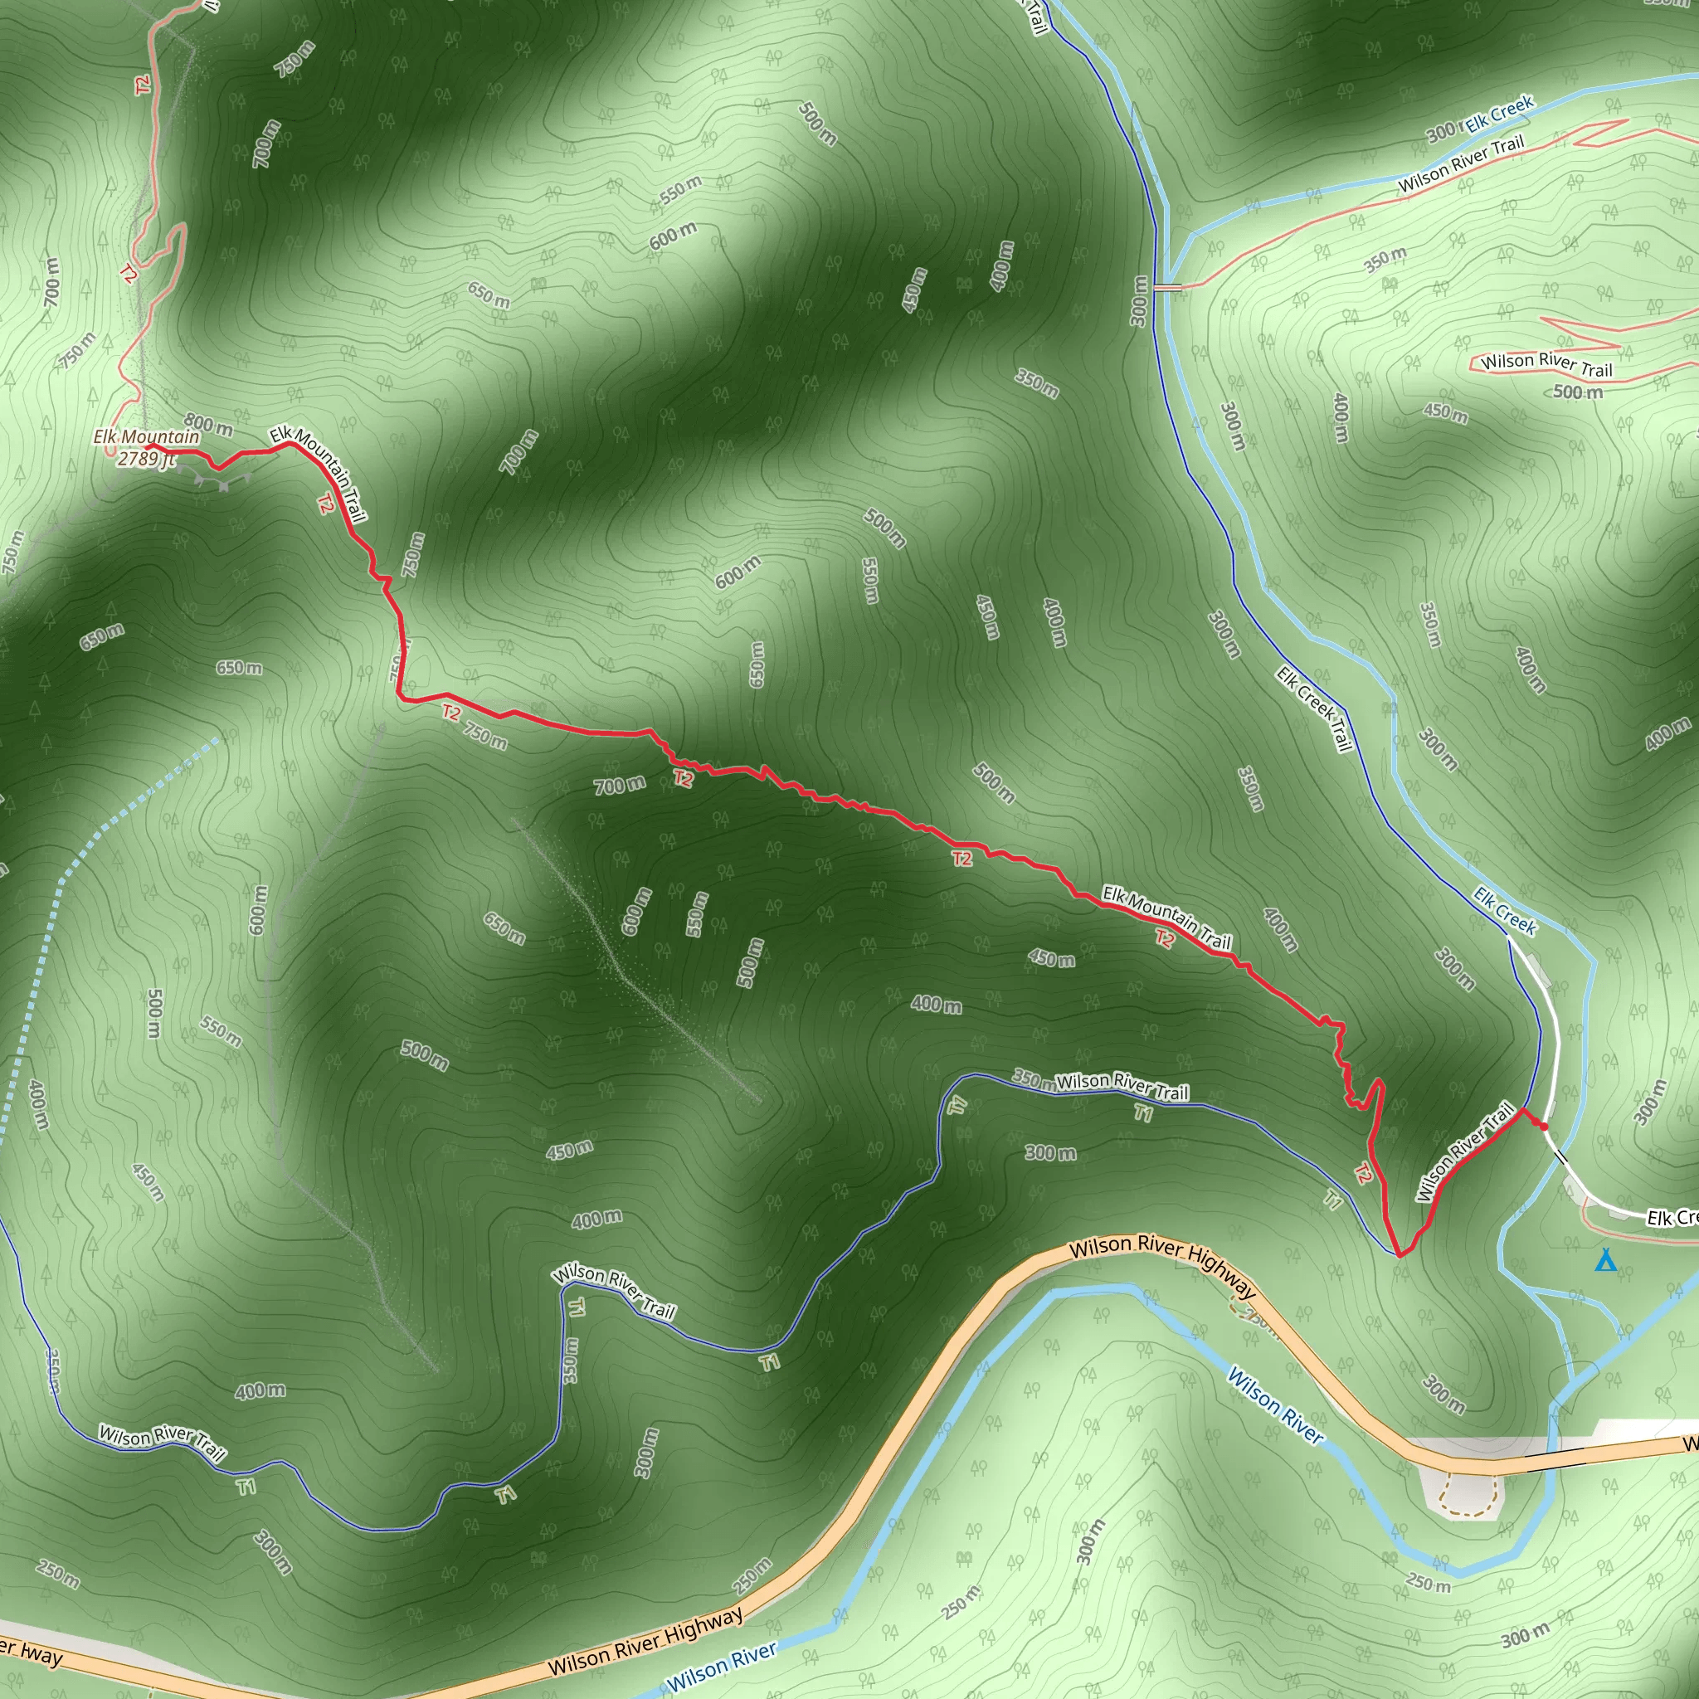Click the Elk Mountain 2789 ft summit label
pos(146,448)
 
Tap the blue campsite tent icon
pos(1606,1261)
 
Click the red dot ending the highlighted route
pos(1543,1126)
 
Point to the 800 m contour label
pos(208,426)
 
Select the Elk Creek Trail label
pos(1314,708)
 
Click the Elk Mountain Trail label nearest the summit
pos(319,473)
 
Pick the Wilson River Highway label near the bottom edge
pos(645,1641)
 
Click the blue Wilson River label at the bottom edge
pos(721,1667)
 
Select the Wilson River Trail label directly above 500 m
pos(1547,364)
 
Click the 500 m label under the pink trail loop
pos(1578,392)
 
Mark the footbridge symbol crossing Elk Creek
pos(1167,287)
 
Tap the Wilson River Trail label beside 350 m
pos(1122,1087)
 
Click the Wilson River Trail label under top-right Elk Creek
pos(1461,164)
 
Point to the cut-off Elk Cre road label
pos(1672,1219)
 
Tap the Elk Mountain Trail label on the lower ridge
pos(1167,918)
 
